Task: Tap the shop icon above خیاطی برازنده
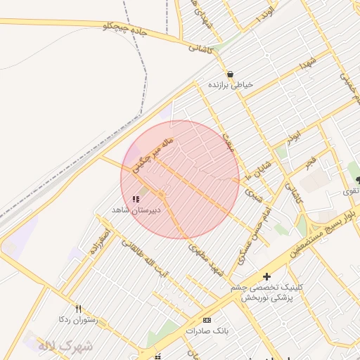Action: [x=230, y=74]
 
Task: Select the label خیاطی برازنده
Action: [x=230, y=84]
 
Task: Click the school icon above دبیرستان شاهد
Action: [x=136, y=200]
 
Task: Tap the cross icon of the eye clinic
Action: [x=266, y=276]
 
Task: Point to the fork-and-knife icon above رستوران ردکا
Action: [x=78, y=309]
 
